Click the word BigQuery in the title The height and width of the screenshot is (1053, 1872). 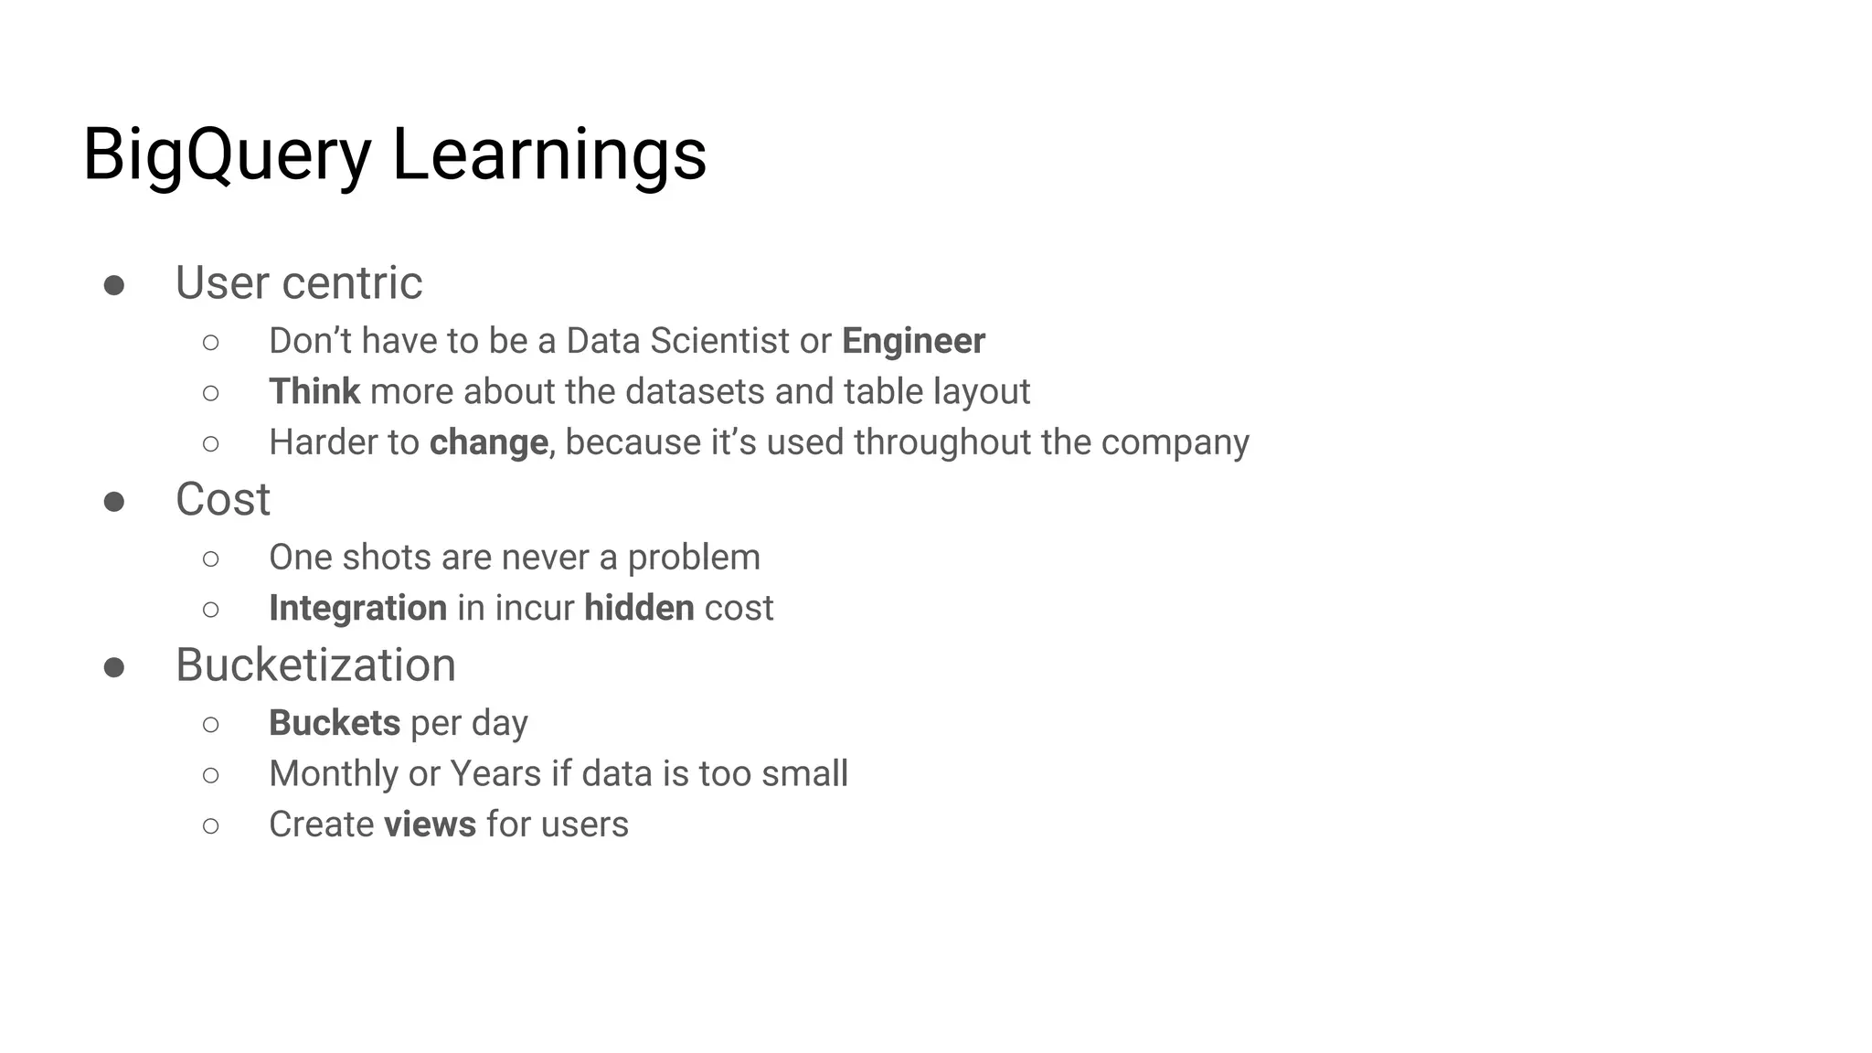pos(227,155)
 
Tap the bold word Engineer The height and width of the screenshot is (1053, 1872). pos(913,341)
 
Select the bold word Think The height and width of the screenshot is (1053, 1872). pos(314,392)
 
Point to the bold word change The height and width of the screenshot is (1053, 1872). pos(488,442)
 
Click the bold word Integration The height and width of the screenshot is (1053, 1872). pos(357,608)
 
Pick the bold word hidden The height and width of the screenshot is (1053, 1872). pos(639,608)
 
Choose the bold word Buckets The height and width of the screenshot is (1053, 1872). pos(334,723)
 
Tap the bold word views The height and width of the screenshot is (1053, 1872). pos(430,824)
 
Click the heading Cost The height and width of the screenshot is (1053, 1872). pos(223,500)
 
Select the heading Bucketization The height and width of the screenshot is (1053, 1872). pos(315,665)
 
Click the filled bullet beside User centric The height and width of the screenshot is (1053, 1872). pos(114,285)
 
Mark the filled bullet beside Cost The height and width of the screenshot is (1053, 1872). pos(114,502)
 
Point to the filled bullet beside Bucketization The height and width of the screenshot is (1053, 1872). pos(114,667)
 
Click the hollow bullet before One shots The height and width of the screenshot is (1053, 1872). pos(211,558)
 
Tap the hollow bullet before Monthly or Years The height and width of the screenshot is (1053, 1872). pos(211,775)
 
